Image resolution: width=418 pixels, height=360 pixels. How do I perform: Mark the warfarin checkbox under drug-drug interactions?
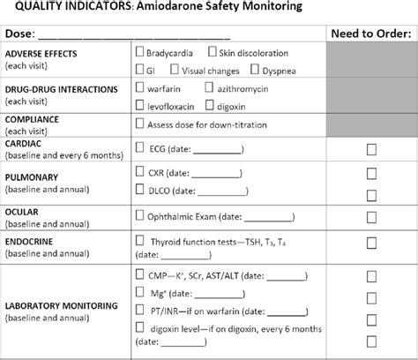(x=141, y=88)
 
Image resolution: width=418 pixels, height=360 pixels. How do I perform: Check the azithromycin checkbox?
(x=208, y=88)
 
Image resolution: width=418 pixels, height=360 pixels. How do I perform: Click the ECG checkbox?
(x=142, y=148)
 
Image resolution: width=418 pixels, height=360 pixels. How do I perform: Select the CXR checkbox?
(x=142, y=172)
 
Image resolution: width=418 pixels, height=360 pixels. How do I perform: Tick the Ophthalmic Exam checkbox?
(x=142, y=215)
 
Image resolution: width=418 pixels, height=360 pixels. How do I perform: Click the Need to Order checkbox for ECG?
(x=370, y=148)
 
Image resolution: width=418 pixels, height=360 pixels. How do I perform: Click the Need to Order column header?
(x=369, y=34)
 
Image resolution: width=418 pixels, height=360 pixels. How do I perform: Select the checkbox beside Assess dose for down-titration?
(x=141, y=124)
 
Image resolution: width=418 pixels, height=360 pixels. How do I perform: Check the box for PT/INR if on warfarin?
(x=142, y=309)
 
